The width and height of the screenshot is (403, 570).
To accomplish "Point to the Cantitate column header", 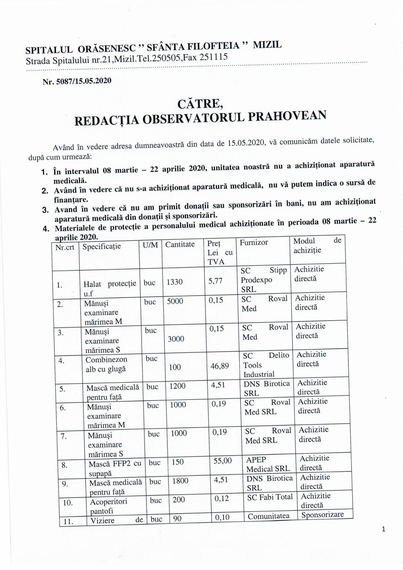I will pyautogui.click(x=180, y=244).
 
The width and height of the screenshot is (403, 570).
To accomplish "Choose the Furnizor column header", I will pyautogui.click(x=254, y=242).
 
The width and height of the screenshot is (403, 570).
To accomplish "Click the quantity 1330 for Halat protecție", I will pyautogui.click(x=175, y=282).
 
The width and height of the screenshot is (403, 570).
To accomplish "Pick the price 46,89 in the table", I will pyautogui.click(x=220, y=366).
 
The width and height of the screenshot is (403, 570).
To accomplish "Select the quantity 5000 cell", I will pyautogui.click(x=175, y=301).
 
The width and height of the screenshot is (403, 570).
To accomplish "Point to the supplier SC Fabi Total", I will pyautogui.click(x=270, y=497).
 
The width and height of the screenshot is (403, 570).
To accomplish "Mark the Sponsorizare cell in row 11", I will pyautogui.click(x=322, y=515).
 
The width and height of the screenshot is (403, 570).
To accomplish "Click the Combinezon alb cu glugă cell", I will pyautogui.click(x=106, y=364).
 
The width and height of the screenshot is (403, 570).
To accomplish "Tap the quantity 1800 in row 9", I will pyautogui.click(x=180, y=481).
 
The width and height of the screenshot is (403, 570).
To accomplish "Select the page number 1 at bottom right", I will pyautogui.click(x=383, y=529).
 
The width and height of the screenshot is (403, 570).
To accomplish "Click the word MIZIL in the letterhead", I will pyautogui.click(x=267, y=45).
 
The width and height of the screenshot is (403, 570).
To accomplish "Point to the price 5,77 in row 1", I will pyautogui.click(x=215, y=280).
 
